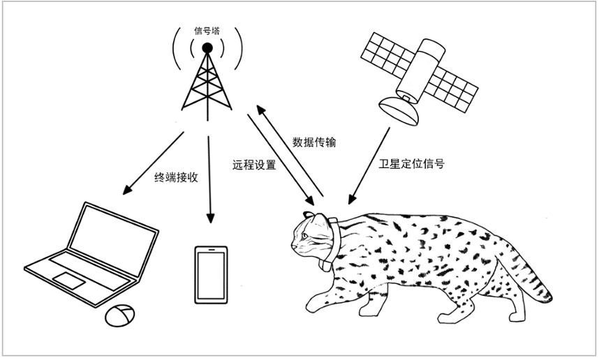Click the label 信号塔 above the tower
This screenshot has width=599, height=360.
coord(207,31)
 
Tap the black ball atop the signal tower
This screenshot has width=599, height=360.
coord(207,47)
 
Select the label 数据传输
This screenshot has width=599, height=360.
coord(314,142)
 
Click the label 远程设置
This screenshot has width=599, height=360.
coord(254,165)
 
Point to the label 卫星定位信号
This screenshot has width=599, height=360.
coord(411,164)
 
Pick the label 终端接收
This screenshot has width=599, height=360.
coord(176,177)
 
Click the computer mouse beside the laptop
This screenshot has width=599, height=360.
coord(119,315)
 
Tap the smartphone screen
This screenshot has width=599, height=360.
coord(211,276)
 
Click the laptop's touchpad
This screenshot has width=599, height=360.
coord(68,280)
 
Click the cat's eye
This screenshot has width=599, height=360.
coord(304,236)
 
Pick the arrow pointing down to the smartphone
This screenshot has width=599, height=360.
coord(209,179)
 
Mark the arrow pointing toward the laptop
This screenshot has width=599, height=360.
coord(153,163)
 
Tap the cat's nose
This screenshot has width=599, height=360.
coord(293,246)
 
